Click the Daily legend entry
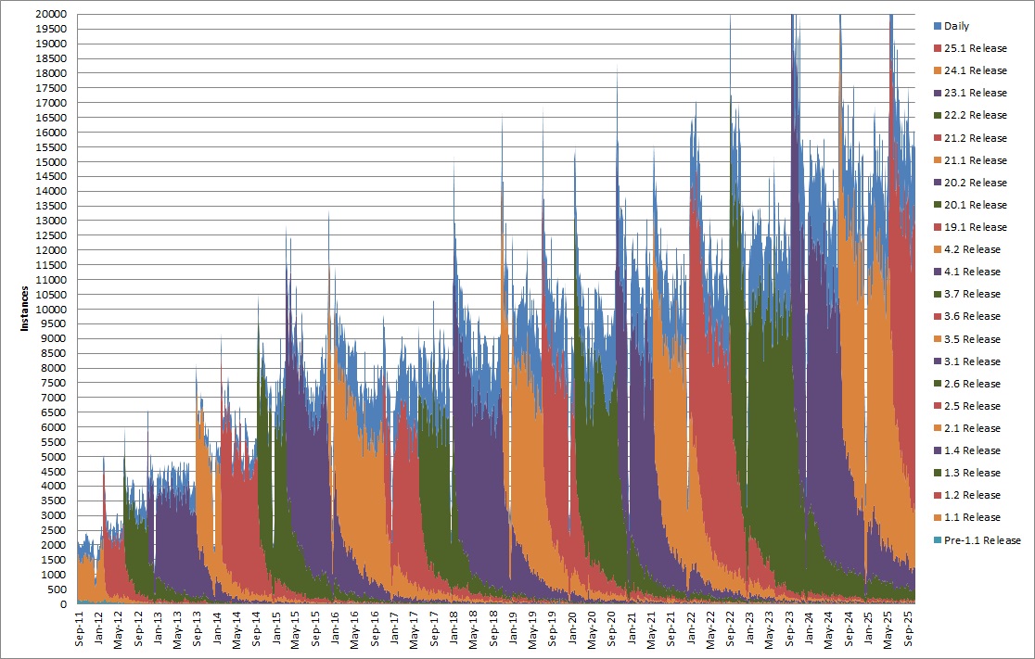pyautogui.click(x=956, y=26)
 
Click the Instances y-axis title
pyautogui.click(x=25, y=309)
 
